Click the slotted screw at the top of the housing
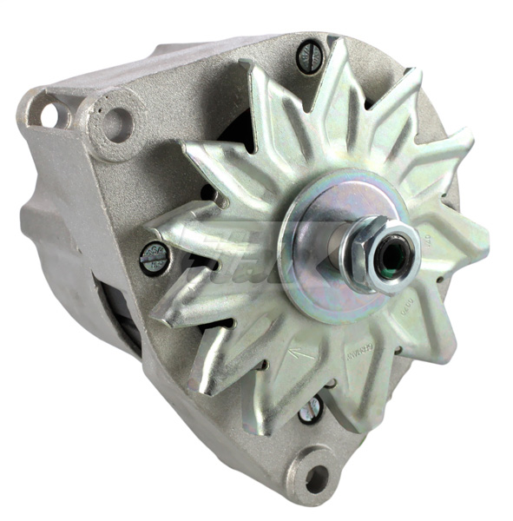pos(311,57)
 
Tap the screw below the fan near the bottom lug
pos(311,408)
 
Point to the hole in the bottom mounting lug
pos(316,477)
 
